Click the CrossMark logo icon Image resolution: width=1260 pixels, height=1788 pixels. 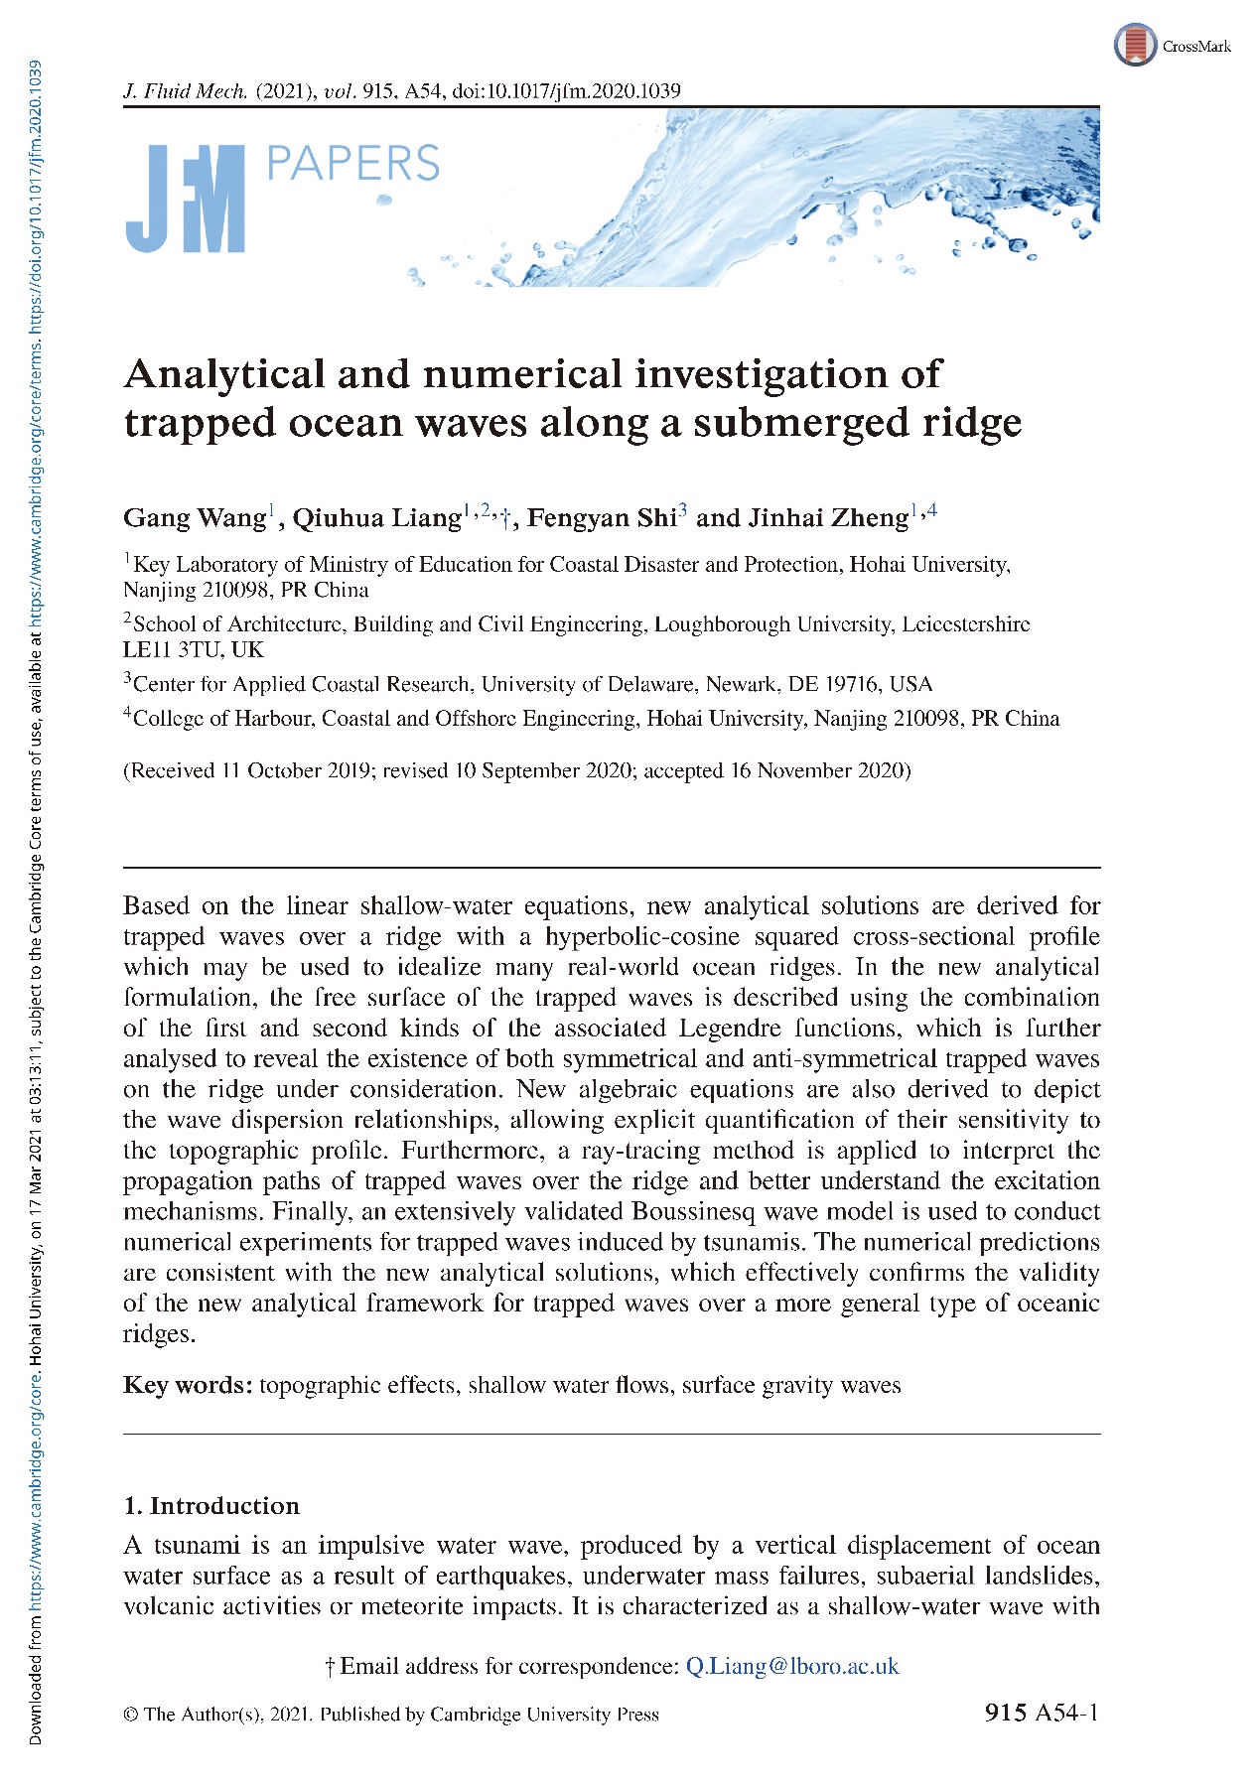pos(1135,45)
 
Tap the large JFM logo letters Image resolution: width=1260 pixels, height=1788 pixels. pos(185,199)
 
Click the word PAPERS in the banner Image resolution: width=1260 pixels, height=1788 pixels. pos(352,164)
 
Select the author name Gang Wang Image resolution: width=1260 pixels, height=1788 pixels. pos(195,518)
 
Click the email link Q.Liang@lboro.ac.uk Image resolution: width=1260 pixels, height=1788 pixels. pos(792,1666)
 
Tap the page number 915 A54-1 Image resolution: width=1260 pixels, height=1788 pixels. pos(1042,1713)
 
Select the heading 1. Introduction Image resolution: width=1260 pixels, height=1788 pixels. pos(211,1505)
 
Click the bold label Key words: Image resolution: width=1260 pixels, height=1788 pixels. pos(188,1385)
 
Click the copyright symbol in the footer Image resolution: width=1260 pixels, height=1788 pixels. pos(130,1715)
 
